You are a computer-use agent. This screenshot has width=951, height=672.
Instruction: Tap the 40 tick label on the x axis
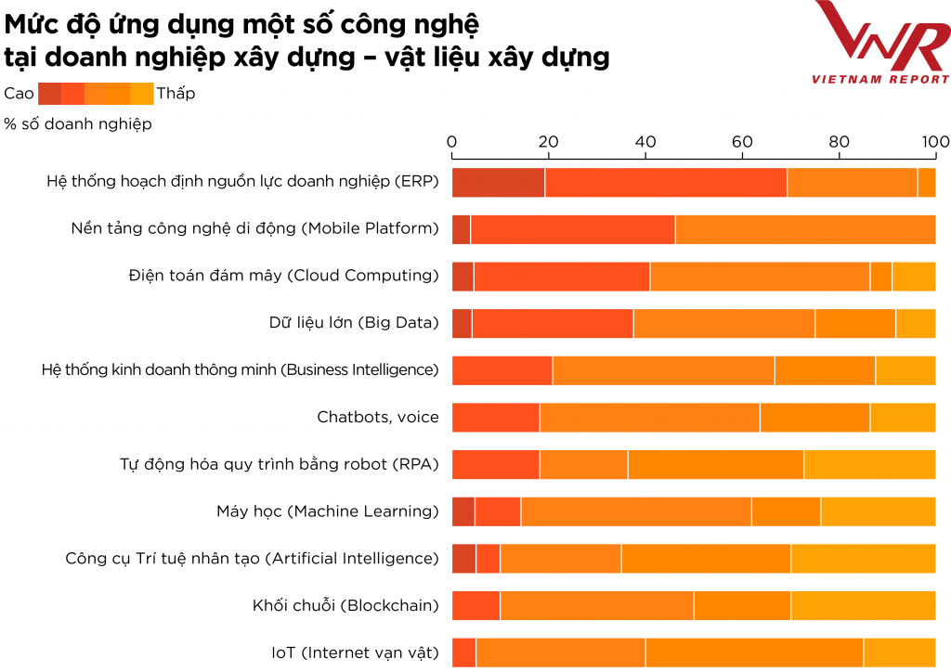645,142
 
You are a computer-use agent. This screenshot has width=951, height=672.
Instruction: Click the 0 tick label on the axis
452,142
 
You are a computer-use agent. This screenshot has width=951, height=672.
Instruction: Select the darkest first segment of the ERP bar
498,183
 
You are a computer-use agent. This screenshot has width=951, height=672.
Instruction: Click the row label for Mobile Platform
254,228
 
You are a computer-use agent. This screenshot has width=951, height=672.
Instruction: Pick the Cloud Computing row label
283,275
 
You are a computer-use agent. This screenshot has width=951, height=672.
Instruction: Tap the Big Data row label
353,322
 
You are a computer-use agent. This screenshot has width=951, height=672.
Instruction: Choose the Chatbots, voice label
377,417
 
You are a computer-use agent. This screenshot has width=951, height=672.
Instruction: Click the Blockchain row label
345,605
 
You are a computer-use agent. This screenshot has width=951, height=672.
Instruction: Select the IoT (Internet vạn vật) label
355,653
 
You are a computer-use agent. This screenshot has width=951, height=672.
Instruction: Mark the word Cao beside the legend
19,93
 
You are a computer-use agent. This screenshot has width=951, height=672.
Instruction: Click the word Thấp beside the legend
176,93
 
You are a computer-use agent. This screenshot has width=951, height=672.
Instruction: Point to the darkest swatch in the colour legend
49,93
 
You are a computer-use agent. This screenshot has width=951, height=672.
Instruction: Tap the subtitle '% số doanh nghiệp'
78,123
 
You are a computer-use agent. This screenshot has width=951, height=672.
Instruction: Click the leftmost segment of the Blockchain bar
475,605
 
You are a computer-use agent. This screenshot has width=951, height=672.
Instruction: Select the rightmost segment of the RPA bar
869,464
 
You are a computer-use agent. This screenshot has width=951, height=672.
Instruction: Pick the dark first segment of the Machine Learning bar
463,511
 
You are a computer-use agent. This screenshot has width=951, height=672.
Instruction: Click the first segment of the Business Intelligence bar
502,369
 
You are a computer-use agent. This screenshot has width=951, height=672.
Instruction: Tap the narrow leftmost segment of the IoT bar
463,653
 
